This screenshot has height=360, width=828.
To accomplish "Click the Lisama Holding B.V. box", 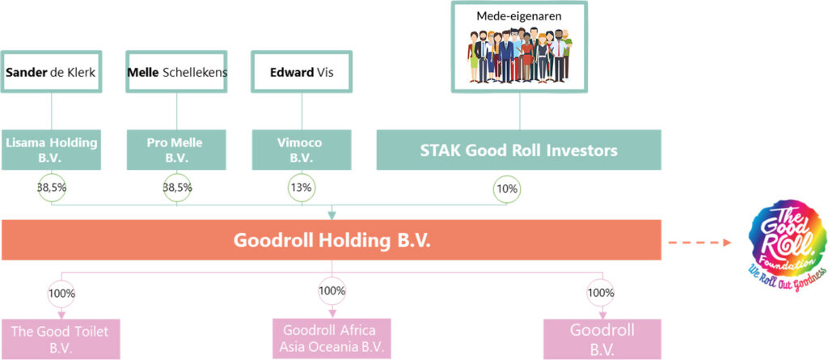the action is point(51,150).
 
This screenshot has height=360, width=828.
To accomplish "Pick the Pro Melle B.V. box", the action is point(177,150).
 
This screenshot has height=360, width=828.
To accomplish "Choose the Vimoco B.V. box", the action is point(302,150).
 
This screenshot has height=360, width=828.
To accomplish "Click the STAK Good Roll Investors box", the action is point(518,150).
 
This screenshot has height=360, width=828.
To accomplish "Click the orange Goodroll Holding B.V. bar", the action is point(332,240).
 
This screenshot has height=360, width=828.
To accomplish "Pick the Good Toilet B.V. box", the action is point(60,339).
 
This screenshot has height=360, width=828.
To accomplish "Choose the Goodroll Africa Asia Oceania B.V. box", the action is point(332,339).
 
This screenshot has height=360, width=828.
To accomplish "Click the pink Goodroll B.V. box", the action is point(602,339).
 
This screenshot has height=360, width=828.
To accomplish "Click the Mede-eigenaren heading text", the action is point(518,16).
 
